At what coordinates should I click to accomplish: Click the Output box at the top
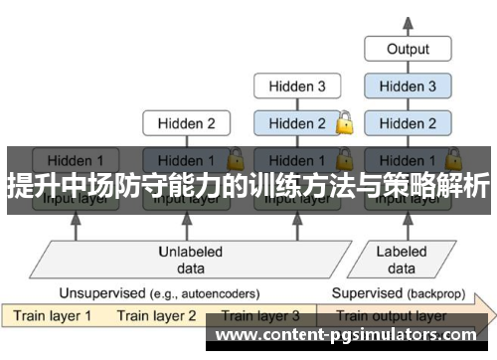[408, 48]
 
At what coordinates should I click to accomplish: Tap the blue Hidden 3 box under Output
[408, 87]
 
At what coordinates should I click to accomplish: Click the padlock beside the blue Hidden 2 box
[344, 124]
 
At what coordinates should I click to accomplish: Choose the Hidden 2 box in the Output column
[408, 124]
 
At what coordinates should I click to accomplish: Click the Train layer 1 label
[51, 316]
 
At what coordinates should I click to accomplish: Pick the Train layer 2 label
[156, 316]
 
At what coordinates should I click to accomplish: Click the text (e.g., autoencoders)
[203, 294]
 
